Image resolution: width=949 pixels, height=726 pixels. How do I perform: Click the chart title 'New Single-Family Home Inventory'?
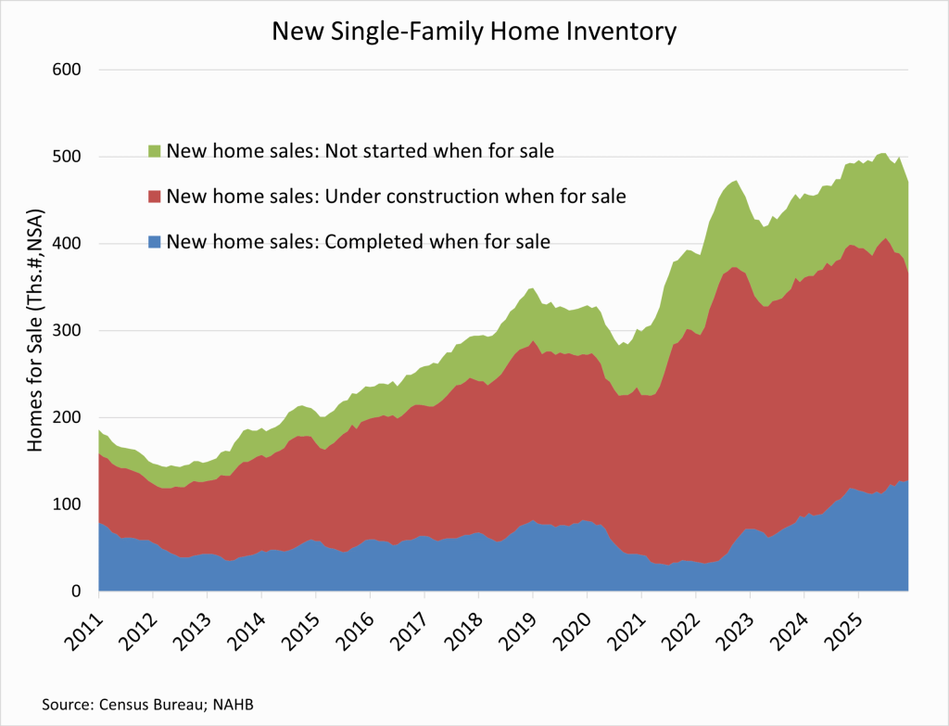[474, 32]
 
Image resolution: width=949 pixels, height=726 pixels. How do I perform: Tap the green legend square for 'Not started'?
[155, 151]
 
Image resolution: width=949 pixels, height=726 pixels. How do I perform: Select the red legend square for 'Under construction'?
[155, 197]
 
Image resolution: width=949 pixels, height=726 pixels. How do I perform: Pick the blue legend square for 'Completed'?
[155, 242]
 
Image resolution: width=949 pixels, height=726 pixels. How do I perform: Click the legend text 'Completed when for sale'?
[358, 242]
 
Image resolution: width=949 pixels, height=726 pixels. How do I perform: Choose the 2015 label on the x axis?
[303, 624]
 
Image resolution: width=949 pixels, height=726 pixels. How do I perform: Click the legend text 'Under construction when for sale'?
[396, 197]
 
